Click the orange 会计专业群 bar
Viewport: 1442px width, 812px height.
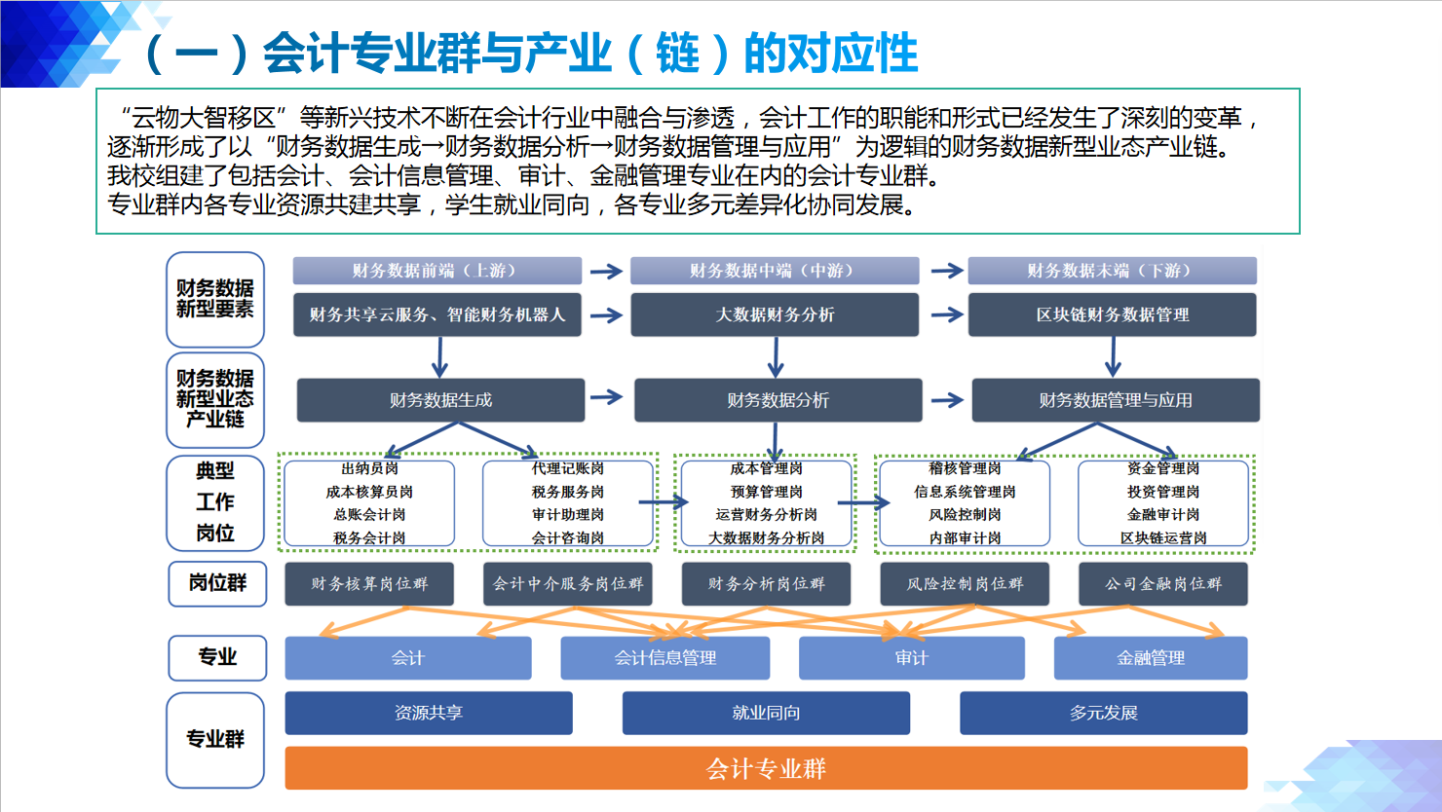(766, 768)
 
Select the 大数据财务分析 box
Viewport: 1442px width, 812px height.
(775, 314)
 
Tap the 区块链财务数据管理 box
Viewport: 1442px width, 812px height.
(1112, 314)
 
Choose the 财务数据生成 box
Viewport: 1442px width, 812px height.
(440, 400)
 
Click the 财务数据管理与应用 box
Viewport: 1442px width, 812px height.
(1116, 400)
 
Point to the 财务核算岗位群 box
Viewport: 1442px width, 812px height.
(369, 584)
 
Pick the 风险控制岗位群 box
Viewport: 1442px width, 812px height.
(965, 584)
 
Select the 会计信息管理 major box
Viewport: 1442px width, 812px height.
(664, 658)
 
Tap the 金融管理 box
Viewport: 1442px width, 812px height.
(1151, 658)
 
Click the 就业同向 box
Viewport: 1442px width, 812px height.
(766, 713)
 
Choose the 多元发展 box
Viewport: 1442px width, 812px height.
(1103, 713)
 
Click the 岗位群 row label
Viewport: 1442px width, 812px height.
(217, 583)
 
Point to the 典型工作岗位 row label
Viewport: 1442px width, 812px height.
(215, 502)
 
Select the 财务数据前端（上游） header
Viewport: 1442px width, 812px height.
(436, 271)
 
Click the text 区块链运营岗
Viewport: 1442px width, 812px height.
(1163, 537)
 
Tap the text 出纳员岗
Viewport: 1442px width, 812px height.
(369, 468)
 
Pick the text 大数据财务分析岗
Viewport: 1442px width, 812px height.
(766, 537)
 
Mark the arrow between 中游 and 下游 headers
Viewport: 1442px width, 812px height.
(946, 271)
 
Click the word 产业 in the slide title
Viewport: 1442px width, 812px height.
(566, 53)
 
